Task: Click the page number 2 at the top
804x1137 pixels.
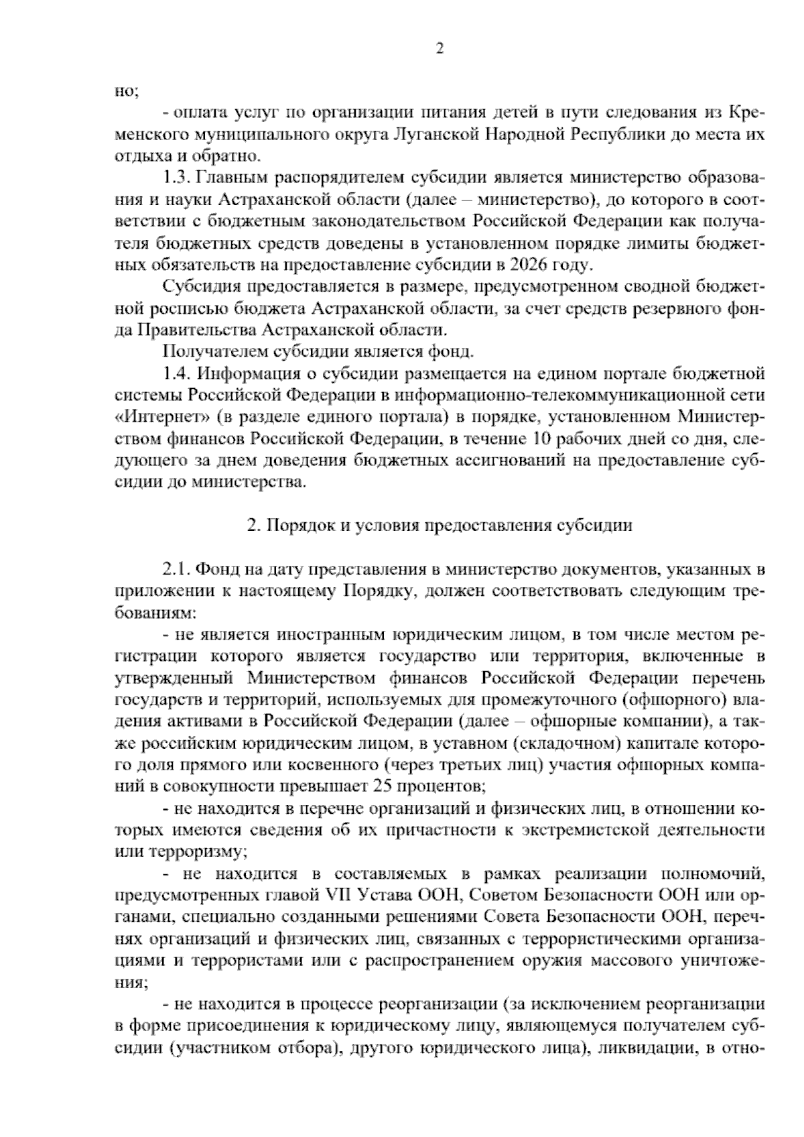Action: click(440, 48)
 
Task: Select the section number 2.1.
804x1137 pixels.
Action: click(178, 569)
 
